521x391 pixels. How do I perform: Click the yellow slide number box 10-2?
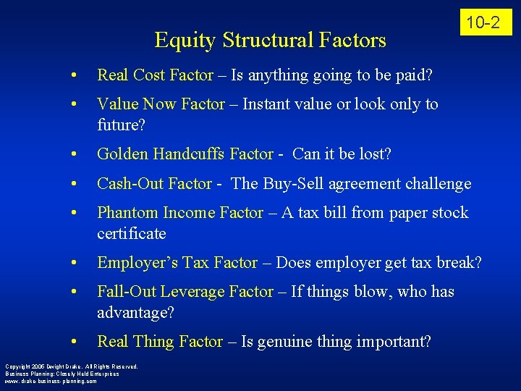pyautogui.click(x=483, y=22)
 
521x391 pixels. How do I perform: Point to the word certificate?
pyautogui.click(x=132, y=234)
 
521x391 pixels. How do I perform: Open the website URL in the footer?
pyautogui.click(x=51, y=381)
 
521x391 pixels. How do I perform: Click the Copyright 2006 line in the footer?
pyautogui.click(x=71, y=366)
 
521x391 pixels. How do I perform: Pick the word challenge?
pyautogui.click(x=435, y=184)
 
